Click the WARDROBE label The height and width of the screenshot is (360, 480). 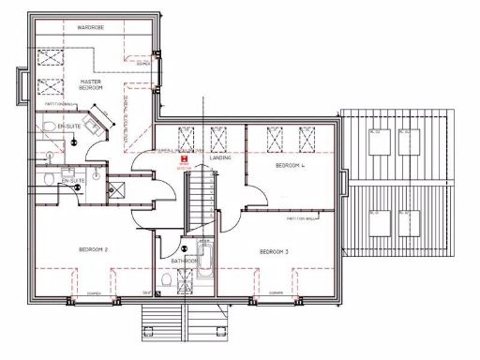[91, 28]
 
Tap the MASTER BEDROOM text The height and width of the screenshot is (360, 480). [91, 85]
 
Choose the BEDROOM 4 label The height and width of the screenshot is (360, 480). [290, 166]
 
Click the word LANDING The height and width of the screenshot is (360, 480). [221, 157]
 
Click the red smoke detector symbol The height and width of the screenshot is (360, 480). [185, 161]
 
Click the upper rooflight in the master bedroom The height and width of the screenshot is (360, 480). [48, 57]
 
